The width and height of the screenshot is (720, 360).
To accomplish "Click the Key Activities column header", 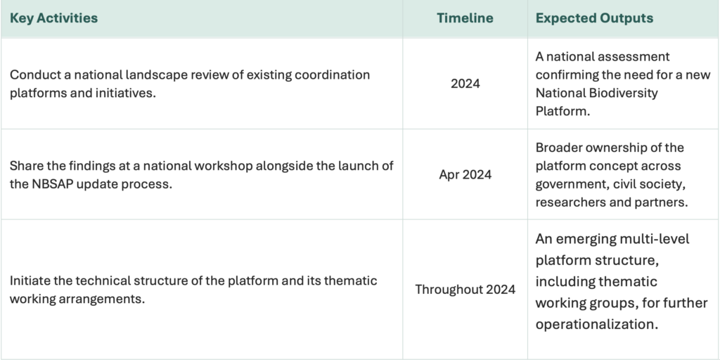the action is click(x=53, y=18).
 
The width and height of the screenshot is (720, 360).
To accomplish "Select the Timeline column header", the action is click(x=465, y=18).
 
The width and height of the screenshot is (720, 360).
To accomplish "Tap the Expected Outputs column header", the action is click(x=594, y=18).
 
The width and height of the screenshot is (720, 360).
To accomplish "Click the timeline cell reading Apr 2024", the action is click(x=465, y=174).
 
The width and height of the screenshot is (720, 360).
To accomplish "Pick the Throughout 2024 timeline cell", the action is click(x=465, y=289).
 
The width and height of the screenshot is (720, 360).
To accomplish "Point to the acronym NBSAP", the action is click(x=50, y=184).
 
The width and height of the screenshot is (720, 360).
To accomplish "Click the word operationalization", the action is click(x=597, y=324).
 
